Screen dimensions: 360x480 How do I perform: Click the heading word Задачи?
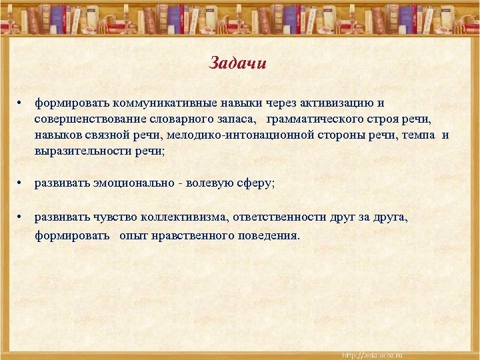click(x=238, y=63)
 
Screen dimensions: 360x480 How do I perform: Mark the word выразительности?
click(x=81, y=151)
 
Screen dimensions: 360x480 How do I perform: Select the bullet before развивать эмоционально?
click(x=21, y=183)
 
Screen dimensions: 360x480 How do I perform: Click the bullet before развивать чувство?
click(x=21, y=217)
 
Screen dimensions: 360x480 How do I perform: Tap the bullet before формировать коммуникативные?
click(x=21, y=103)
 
